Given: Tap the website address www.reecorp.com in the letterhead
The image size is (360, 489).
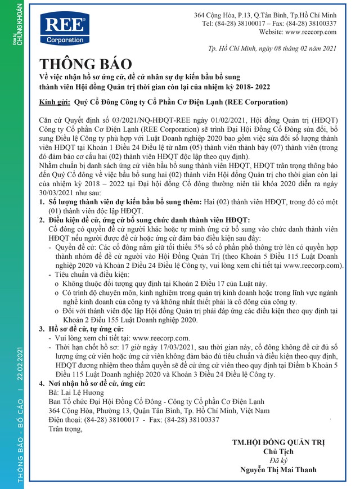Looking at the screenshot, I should pos(307,33).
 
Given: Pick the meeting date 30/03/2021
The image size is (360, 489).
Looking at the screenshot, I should pos(60,191).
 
